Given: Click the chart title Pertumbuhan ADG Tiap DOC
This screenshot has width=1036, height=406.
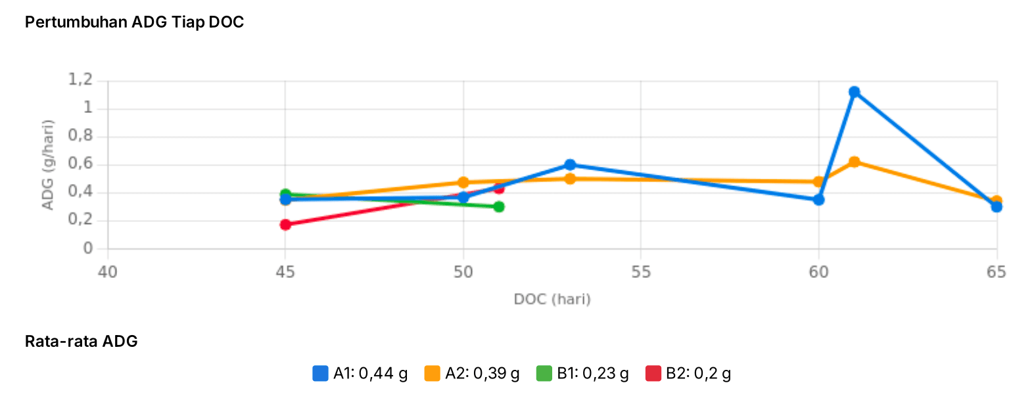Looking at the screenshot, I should coord(134,22).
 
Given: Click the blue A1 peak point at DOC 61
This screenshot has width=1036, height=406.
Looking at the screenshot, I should coord(854,92).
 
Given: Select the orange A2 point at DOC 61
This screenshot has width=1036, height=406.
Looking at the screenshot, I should coord(854,162).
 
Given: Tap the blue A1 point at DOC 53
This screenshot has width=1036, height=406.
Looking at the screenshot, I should coord(570,165).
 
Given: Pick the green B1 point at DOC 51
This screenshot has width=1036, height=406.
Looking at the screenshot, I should coord(499,207).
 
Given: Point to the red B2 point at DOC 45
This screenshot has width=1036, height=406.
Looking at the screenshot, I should coord(285,225).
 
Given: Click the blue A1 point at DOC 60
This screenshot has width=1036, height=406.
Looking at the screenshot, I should coord(818,200).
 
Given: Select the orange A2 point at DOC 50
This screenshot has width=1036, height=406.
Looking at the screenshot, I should coord(463,183).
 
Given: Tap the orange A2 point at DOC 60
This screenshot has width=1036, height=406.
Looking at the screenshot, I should coord(818,182).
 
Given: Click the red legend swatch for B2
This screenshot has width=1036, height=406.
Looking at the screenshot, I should coord(653,374).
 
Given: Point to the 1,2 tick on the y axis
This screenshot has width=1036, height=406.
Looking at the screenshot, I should coord(80,80).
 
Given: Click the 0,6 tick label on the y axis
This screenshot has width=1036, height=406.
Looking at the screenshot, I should coord(80,164).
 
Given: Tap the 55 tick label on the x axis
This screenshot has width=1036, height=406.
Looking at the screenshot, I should coord(641,272).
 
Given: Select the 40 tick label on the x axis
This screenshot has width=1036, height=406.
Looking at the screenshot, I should coord(108,272).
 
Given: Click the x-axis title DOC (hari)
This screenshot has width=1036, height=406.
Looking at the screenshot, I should coord(552,300).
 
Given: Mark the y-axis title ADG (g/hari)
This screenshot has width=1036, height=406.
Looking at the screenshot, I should coord(47,165).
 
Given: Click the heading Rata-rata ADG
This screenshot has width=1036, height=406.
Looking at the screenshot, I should coord(81,341).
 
